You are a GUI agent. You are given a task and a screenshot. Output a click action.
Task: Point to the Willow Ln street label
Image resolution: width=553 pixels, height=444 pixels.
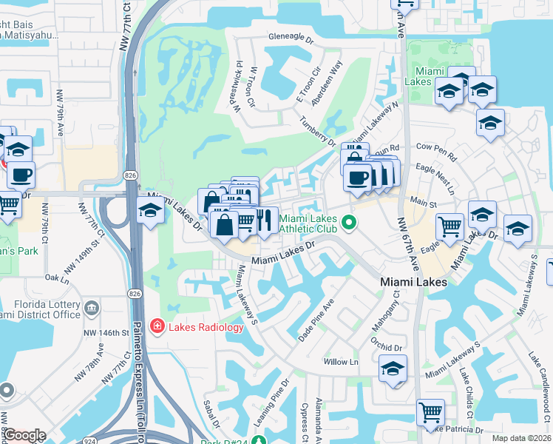pyautogui.click(x=341, y=362)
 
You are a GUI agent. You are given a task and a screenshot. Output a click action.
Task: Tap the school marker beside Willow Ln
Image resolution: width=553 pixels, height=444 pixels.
pyautogui.click(x=393, y=368)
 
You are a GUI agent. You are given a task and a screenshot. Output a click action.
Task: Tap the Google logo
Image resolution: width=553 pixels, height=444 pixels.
pyautogui.click(x=24, y=435)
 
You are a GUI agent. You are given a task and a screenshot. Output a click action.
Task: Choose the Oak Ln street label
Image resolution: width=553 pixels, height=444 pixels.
pyautogui.click(x=56, y=278)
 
